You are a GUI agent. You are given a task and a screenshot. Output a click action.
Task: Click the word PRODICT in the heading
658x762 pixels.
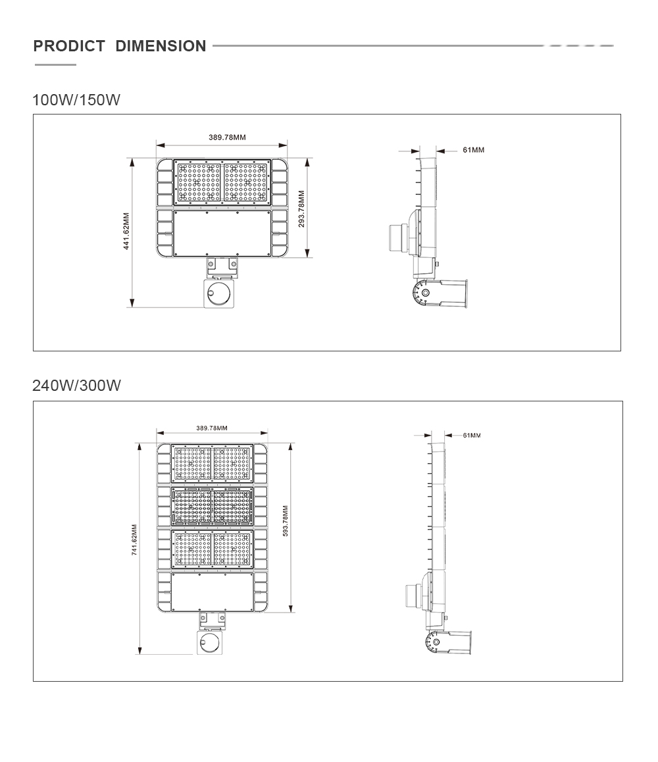tap(69, 46)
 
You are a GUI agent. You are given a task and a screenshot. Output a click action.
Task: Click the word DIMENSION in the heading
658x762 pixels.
tap(161, 46)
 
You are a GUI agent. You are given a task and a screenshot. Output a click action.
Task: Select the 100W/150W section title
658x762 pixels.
tap(76, 99)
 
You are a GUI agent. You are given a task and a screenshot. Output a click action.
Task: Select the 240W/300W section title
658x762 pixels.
tap(76, 386)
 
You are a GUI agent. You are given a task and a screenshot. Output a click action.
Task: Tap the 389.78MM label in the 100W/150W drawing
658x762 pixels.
tap(228, 138)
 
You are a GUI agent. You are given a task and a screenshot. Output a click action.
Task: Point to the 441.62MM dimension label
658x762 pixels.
tap(126, 232)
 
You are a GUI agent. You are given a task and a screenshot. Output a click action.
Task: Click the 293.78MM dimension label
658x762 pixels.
tap(301, 209)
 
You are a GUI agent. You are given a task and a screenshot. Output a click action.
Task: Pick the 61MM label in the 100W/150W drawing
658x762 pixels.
tap(473, 150)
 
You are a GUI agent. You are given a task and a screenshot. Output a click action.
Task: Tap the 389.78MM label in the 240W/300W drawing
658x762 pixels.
tap(212, 428)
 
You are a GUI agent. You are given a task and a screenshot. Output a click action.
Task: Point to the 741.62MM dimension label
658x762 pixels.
tap(134, 540)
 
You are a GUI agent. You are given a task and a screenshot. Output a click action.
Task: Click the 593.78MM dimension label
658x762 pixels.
tap(286, 521)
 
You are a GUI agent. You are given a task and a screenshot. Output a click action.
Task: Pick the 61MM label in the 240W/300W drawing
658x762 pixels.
tap(472, 436)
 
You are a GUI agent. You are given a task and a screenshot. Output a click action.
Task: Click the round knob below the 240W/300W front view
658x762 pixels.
tap(208, 643)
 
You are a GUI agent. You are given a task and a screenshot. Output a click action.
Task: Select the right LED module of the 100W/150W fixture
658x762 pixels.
tap(246, 182)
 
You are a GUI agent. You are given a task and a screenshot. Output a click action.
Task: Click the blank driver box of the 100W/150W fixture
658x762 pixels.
tap(222, 233)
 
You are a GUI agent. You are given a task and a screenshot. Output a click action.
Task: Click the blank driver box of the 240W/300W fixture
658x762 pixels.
tap(213, 592)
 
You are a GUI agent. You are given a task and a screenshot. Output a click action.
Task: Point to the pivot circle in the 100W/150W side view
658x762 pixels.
tap(425, 293)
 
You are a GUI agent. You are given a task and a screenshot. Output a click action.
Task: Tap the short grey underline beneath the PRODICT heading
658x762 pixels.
tap(55, 64)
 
